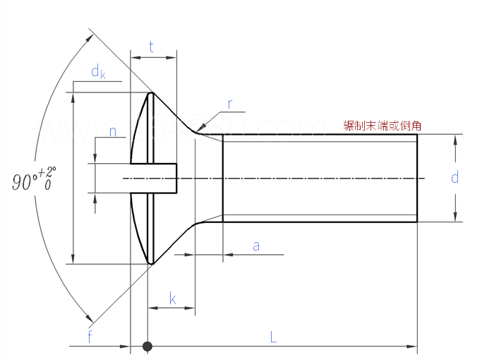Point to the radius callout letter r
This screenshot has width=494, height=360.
[230, 104]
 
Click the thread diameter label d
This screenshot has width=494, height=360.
[455, 177]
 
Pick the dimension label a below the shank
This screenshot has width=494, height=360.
[256, 246]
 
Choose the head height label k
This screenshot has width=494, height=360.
[173, 299]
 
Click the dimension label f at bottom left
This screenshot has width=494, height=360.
[90, 337]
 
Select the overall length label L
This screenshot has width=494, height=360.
[274, 337]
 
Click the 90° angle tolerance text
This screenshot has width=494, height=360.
[34, 179]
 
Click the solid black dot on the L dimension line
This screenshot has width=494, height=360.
[147, 347]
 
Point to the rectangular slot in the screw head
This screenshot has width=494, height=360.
[153, 178]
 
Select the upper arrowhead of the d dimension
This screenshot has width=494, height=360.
[455, 139]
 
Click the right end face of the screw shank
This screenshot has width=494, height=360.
[416, 178]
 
